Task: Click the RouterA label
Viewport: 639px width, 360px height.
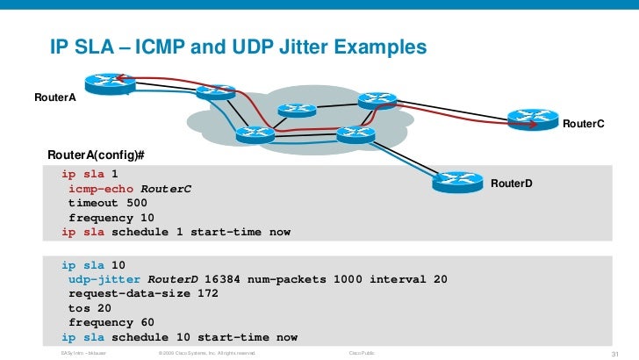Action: [x=54, y=97]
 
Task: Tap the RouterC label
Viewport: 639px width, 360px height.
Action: [x=583, y=125]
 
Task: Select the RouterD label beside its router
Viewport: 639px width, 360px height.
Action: [x=511, y=185]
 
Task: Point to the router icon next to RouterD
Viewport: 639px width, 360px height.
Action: [x=453, y=179]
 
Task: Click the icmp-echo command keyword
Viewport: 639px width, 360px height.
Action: [x=101, y=189]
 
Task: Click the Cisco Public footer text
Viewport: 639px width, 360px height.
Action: [x=363, y=353]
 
